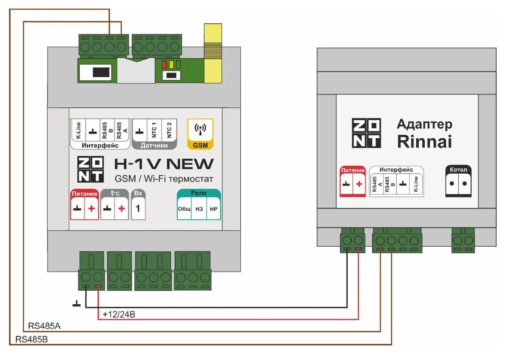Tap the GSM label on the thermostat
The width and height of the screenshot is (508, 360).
[200, 145]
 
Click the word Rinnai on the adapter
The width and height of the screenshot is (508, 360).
[424, 141]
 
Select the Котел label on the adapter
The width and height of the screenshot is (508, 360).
[458, 169]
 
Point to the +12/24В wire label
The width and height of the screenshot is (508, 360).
[119, 315]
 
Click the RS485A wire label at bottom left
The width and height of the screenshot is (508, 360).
[44, 326]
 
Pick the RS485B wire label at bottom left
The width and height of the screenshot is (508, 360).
[31, 339]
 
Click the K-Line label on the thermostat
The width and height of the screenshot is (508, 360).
[78, 130]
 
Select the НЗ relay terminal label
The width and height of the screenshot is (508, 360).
[199, 209]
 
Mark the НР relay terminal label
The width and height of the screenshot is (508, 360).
[213, 209]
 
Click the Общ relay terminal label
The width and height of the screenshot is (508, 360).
[184, 209]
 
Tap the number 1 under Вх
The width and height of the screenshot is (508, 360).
[138, 209]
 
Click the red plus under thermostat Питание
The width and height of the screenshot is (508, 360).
[91, 209]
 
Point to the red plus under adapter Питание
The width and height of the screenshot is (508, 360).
[359, 184]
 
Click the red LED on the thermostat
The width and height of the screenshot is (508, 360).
[164, 65]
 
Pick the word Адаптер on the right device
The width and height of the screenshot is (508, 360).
[424, 124]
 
